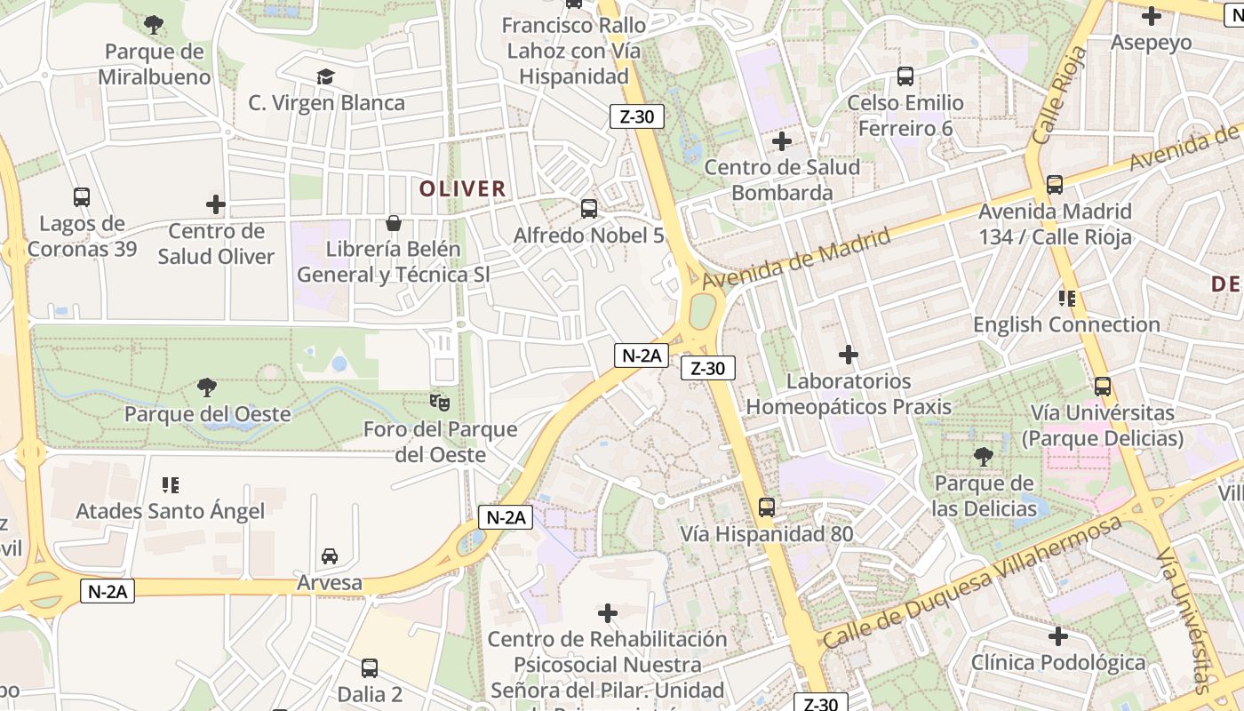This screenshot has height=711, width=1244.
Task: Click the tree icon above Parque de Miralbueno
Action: click(x=154, y=24)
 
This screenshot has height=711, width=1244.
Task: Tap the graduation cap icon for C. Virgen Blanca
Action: click(x=326, y=76)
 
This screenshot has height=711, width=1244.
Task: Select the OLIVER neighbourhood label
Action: click(x=462, y=188)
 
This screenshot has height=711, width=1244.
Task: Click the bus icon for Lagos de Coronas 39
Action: click(x=82, y=196)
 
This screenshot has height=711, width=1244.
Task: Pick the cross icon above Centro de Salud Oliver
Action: click(x=216, y=204)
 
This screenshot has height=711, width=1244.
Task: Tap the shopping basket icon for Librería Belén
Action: click(x=393, y=222)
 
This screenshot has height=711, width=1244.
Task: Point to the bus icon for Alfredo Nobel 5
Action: click(x=588, y=209)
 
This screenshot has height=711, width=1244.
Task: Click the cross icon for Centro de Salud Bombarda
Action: click(x=782, y=140)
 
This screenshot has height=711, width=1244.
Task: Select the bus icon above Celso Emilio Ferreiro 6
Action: click(x=905, y=76)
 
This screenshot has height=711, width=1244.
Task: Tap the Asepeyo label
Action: click(x=1151, y=42)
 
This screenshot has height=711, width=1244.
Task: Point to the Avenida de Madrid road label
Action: click(x=796, y=258)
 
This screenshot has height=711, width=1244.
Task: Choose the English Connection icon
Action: click(x=1066, y=299)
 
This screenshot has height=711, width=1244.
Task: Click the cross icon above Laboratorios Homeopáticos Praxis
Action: click(x=849, y=355)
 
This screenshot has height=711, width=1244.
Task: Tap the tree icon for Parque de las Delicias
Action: click(x=984, y=457)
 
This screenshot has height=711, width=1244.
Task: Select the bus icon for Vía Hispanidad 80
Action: click(x=767, y=507)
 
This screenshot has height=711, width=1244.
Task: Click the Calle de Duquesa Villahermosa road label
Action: click(x=972, y=581)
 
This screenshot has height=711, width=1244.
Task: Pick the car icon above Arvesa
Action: click(x=330, y=556)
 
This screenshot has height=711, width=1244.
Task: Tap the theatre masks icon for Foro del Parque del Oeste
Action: click(x=439, y=403)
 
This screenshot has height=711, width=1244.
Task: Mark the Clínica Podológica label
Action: click(x=1057, y=662)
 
